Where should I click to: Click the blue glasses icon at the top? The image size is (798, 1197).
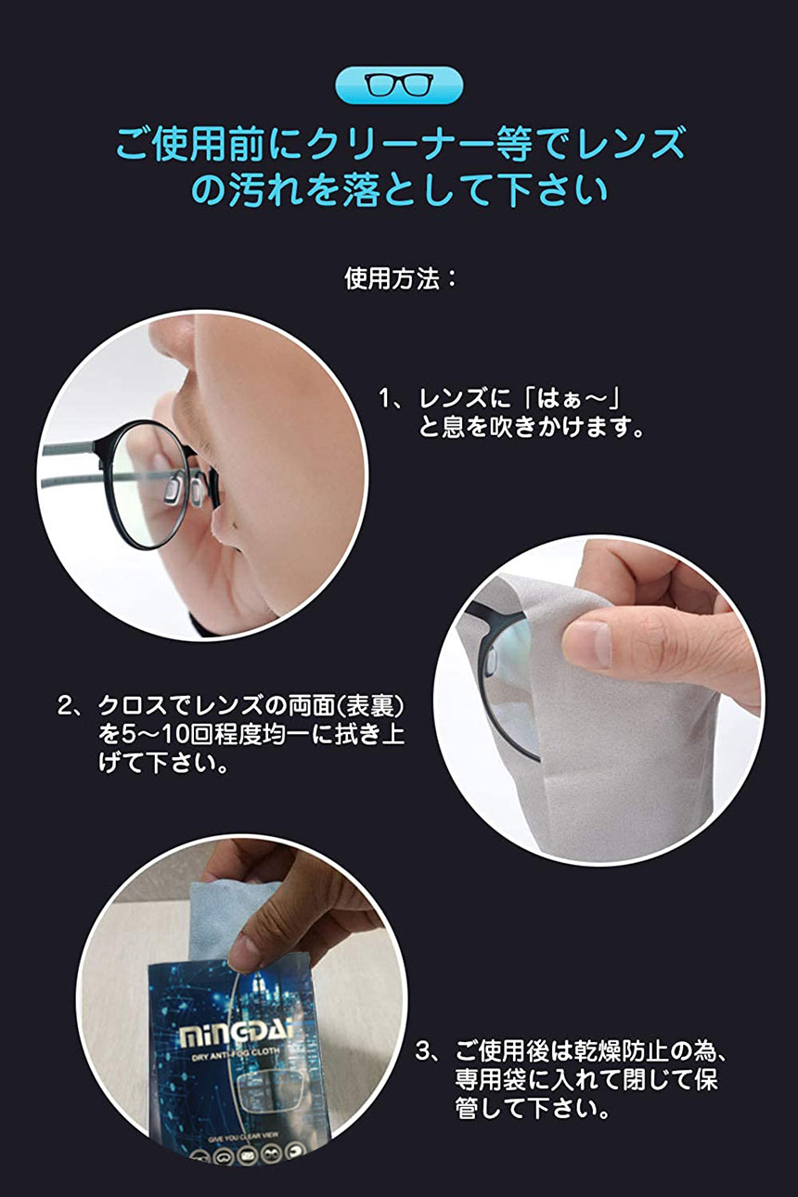[399, 85]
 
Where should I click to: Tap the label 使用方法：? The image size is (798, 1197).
[401, 278]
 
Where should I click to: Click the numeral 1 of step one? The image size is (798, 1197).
[385, 399]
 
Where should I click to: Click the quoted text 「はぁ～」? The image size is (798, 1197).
[568, 399]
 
